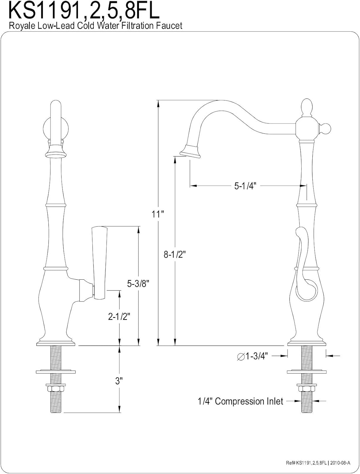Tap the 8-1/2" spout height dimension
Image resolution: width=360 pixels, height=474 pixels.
[174, 254]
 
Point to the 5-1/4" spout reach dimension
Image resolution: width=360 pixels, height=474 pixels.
[244, 186]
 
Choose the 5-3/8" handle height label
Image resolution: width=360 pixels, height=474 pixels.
[138, 284]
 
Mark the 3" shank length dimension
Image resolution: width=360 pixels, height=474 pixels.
[119, 381]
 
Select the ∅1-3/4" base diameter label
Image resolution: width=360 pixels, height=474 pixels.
[252, 356]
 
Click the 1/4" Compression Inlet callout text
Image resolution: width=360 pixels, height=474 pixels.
[240, 401]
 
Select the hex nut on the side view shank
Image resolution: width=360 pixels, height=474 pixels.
[307, 388]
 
